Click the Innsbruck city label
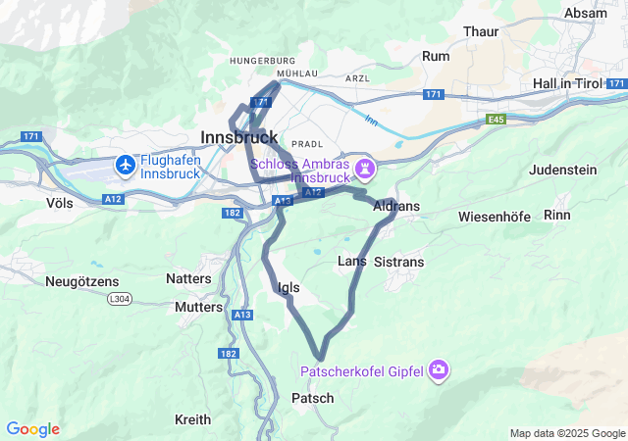(238, 137)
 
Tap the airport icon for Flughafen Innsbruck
(126, 165)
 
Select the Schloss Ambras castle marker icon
(365, 170)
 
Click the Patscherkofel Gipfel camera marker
(439, 370)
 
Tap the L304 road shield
(119, 298)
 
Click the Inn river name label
(370, 121)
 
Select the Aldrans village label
(396, 207)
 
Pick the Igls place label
(288, 287)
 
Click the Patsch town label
(313, 398)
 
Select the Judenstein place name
(562, 170)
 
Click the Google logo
(32, 429)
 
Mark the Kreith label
(192, 419)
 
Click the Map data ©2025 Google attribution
(566, 433)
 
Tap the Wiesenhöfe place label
(496, 216)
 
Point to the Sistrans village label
(399, 263)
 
